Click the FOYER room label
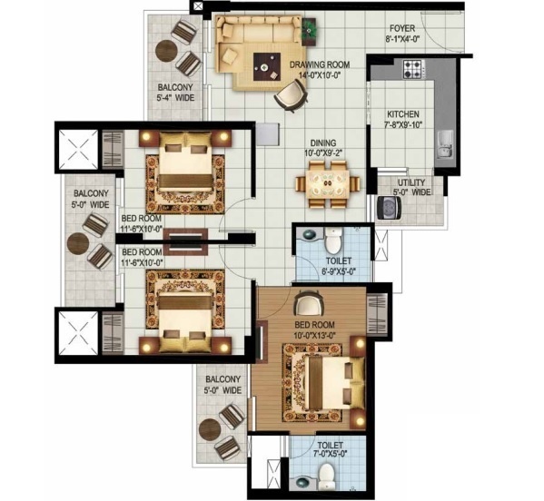click(402, 27)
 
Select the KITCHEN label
click(402, 114)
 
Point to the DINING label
click(323, 142)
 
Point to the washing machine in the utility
click(389, 207)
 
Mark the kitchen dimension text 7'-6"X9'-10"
click(403, 126)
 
